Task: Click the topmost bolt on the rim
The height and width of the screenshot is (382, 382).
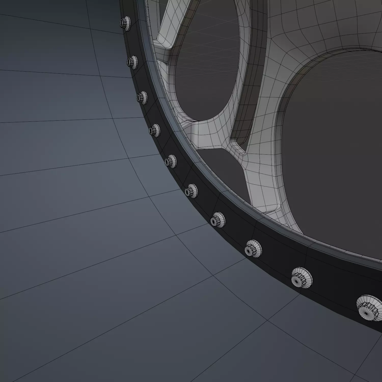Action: point(125,23)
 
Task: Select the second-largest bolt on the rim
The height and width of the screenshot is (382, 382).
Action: point(302,277)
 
